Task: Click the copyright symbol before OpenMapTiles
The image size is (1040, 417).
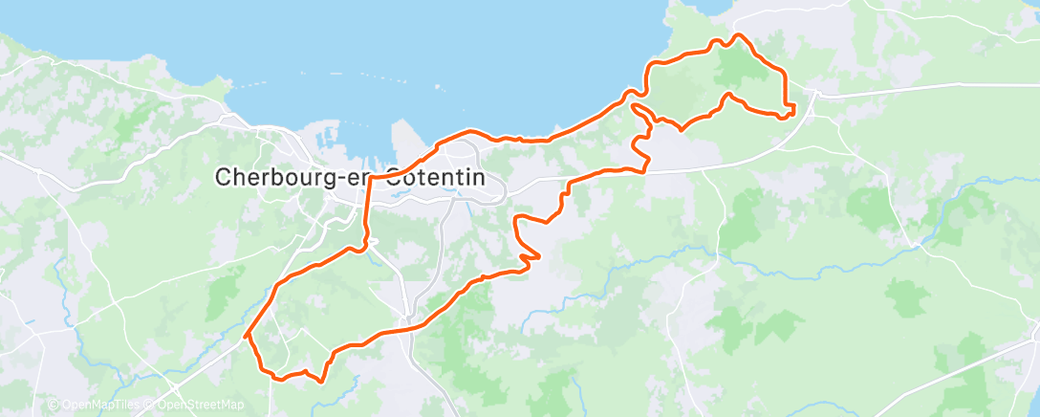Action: point(53,406)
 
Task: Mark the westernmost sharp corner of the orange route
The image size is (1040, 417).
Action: point(247,336)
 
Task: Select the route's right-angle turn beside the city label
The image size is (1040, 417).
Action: point(369,179)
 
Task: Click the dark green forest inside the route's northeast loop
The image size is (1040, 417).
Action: point(734,67)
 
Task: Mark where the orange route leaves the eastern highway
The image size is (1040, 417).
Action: point(646,170)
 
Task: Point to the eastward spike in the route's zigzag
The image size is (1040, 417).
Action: point(538,256)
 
